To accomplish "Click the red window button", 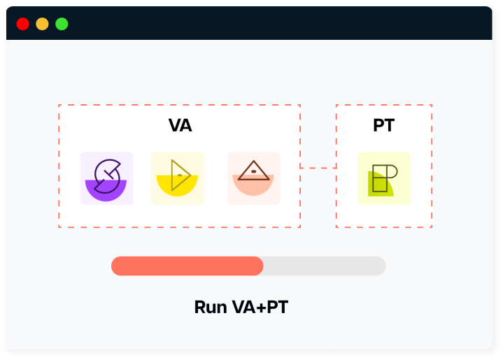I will point(22,24).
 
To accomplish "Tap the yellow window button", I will point(42,24).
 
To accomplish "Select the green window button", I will point(62,24).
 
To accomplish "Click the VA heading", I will point(180,126).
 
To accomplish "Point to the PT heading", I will point(383,126).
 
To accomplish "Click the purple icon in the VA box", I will point(106,178).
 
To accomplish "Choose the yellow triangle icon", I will point(178,178).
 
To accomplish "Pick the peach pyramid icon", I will point(253,178).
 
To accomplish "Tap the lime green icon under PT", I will point(383,179).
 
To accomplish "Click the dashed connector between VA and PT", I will point(318,168).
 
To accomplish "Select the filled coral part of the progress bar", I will point(187,266).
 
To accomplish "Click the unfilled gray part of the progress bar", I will point(324,266).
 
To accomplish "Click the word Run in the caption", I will point(209,308).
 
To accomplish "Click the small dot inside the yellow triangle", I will point(180,174).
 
